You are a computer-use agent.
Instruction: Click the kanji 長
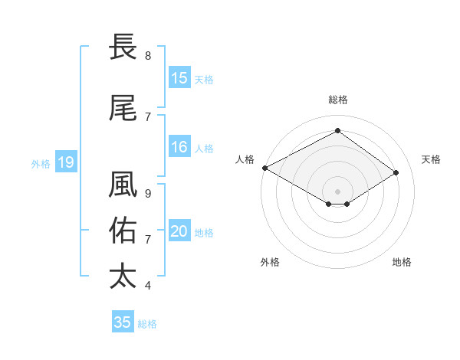(x=123, y=48)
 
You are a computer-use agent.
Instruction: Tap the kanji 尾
(x=123, y=110)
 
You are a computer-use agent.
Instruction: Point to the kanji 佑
(x=123, y=231)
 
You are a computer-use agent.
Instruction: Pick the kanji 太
(x=123, y=276)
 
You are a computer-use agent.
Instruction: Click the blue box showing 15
(x=179, y=78)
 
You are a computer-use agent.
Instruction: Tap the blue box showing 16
(x=179, y=148)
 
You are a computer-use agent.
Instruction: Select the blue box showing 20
(x=179, y=232)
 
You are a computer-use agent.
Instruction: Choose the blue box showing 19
(x=65, y=162)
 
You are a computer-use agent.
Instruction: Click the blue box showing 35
(x=123, y=322)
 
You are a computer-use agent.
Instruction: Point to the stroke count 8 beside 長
(x=148, y=56)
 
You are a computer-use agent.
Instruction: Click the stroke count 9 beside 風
(x=148, y=194)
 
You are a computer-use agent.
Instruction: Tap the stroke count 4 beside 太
(x=148, y=286)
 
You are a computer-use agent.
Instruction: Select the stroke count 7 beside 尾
(x=148, y=117)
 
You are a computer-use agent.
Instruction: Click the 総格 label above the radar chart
(x=337, y=100)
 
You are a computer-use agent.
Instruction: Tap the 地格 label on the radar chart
(x=402, y=262)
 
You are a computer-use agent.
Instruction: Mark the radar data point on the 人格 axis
(x=264, y=167)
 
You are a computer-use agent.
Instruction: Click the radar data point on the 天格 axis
(x=396, y=173)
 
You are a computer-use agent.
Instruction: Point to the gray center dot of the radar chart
(x=337, y=191)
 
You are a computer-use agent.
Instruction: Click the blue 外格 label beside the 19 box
(x=41, y=163)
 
